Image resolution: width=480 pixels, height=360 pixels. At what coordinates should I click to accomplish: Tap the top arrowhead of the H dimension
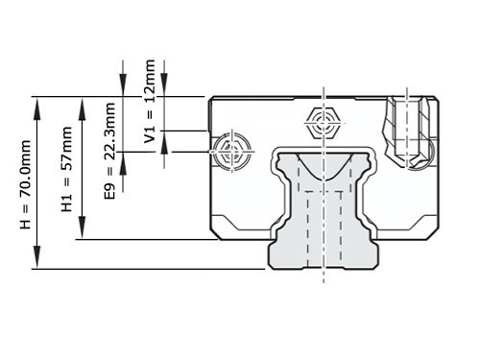(x=36, y=102)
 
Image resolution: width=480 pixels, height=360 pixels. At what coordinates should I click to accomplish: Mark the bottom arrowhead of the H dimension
(x=36, y=263)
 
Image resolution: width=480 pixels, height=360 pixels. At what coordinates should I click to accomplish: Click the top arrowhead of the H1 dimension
(x=80, y=102)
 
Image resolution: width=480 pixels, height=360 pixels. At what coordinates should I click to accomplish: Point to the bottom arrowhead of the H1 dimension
(x=80, y=233)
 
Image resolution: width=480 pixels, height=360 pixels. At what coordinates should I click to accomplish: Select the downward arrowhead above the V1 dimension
(x=164, y=88)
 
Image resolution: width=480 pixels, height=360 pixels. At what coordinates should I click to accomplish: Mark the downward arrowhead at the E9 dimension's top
(x=122, y=88)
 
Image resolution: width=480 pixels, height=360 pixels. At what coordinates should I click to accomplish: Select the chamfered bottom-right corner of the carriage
(x=432, y=233)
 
